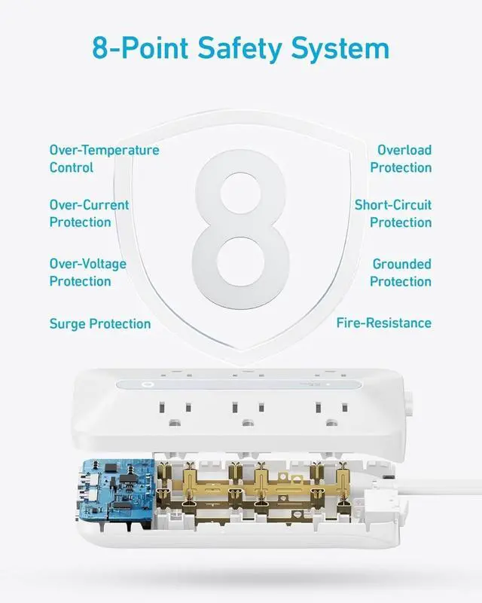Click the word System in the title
point(344,48)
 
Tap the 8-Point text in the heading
point(141,48)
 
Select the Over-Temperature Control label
point(104,158)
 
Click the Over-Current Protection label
point(89,213)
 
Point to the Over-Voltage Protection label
point(87,272)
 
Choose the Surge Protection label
point(100,324)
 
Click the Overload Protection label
point(401,158)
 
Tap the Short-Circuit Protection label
point(393,213)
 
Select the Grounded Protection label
point(401,272)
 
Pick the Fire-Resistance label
point(383,323)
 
